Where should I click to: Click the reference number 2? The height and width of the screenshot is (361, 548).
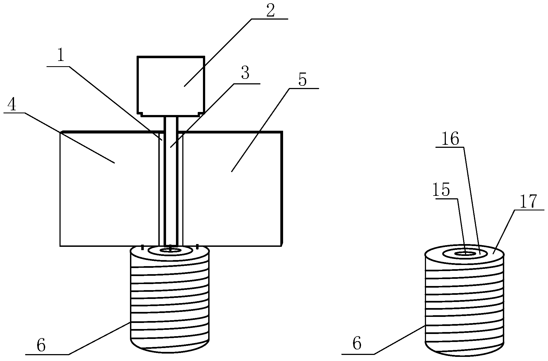pos(270,11)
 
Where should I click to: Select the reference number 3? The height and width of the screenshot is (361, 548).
pos(245,73)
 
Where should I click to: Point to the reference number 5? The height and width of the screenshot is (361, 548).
pos(302,80)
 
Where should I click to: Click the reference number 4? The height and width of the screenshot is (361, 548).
pos(12,105)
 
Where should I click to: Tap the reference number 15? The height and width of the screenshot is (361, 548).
pos(441,190)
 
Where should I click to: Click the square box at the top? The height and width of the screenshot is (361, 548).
pos(171,86)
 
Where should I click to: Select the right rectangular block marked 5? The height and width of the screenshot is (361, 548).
pos(232,189)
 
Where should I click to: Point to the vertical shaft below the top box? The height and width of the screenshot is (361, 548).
pos(171,181)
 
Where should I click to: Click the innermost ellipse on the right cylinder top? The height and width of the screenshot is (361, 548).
pos(465,253)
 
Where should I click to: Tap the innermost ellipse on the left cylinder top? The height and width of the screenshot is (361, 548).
pos(170,250)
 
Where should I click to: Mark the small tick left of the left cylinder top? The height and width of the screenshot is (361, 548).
pos(142,247)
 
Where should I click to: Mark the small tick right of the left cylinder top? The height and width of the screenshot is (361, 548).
pos(197,247)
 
